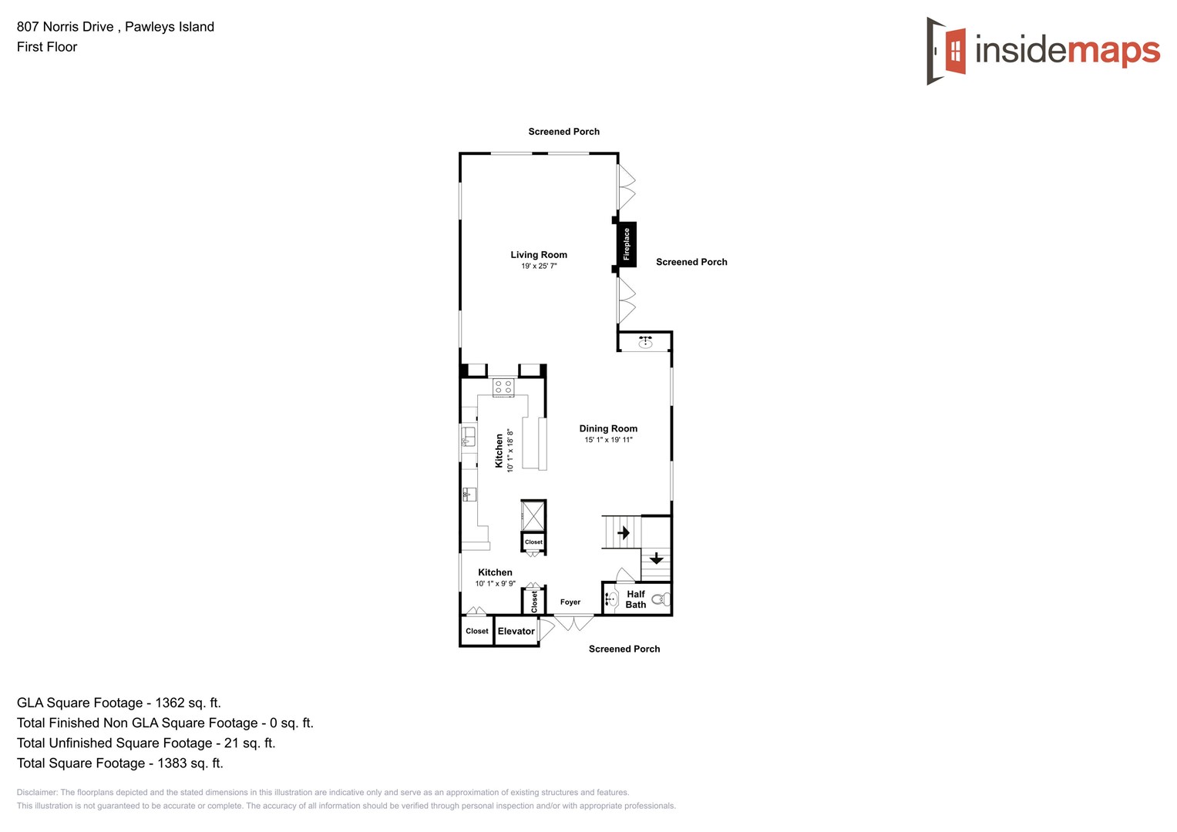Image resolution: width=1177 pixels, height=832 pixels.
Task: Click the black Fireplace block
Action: pos(627,244)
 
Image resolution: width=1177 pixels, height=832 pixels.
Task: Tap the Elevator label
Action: pos(516,631)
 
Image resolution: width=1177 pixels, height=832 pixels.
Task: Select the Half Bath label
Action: pos(636,599)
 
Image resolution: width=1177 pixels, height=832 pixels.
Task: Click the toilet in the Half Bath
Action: pos(661,599)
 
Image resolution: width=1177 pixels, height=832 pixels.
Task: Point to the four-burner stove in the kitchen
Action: pos(503,387)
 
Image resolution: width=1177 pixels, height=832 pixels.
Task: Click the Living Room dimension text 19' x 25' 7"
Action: pos(539,267)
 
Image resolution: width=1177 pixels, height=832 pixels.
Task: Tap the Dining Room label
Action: pos(608,428)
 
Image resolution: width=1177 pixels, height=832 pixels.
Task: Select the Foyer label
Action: pos(570,602)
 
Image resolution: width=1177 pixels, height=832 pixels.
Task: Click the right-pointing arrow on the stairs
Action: pos(624,532)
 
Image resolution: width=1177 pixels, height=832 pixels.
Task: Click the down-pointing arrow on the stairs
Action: pos(656,558)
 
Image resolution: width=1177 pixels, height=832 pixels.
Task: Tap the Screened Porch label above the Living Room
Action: pos(563,132)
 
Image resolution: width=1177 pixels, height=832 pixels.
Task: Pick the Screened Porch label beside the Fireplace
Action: pos(691,262)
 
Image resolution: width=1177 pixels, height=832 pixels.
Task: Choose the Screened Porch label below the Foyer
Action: pos(624,649)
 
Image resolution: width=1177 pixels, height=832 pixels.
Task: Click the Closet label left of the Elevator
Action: pos(476,631)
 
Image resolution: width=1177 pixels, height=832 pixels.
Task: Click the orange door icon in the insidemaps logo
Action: pos(955,51)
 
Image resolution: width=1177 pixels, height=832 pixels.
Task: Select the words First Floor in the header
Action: pos(47,47)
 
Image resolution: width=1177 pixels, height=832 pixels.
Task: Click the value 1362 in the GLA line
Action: pos(170,703)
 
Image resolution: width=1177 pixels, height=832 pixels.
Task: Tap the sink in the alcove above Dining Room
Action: pos(645,342)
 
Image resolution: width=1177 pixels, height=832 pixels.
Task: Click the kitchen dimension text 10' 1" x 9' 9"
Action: pos(495,584)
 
